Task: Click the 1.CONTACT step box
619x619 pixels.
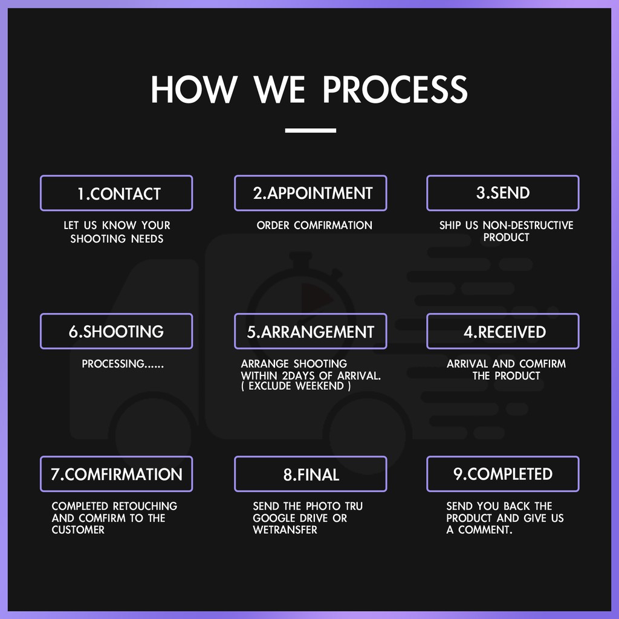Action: click(117, 193)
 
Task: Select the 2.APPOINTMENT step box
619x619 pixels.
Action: click(311, 193)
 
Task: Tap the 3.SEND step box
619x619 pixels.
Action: click(503, 193)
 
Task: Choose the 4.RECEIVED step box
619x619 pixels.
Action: click(503, 331)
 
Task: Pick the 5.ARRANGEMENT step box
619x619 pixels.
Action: click(311, 331)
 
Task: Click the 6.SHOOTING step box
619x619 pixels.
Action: click(117, 331)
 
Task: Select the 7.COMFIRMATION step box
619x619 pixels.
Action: click(117, 474)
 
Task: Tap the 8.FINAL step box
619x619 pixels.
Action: click(311, 474)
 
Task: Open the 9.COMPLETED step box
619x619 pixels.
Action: click(503, 474)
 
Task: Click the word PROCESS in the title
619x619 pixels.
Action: click(395, 89)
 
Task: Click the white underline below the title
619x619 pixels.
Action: click(310, 130)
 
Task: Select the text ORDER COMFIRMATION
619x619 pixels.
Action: click(314, 225)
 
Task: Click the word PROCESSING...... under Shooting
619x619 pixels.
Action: click(122, 364)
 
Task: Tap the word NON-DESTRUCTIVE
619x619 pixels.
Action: click(528, 225)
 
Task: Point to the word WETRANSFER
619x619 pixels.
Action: click(285, 530)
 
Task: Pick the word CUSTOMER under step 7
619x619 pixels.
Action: click(78, 530)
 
